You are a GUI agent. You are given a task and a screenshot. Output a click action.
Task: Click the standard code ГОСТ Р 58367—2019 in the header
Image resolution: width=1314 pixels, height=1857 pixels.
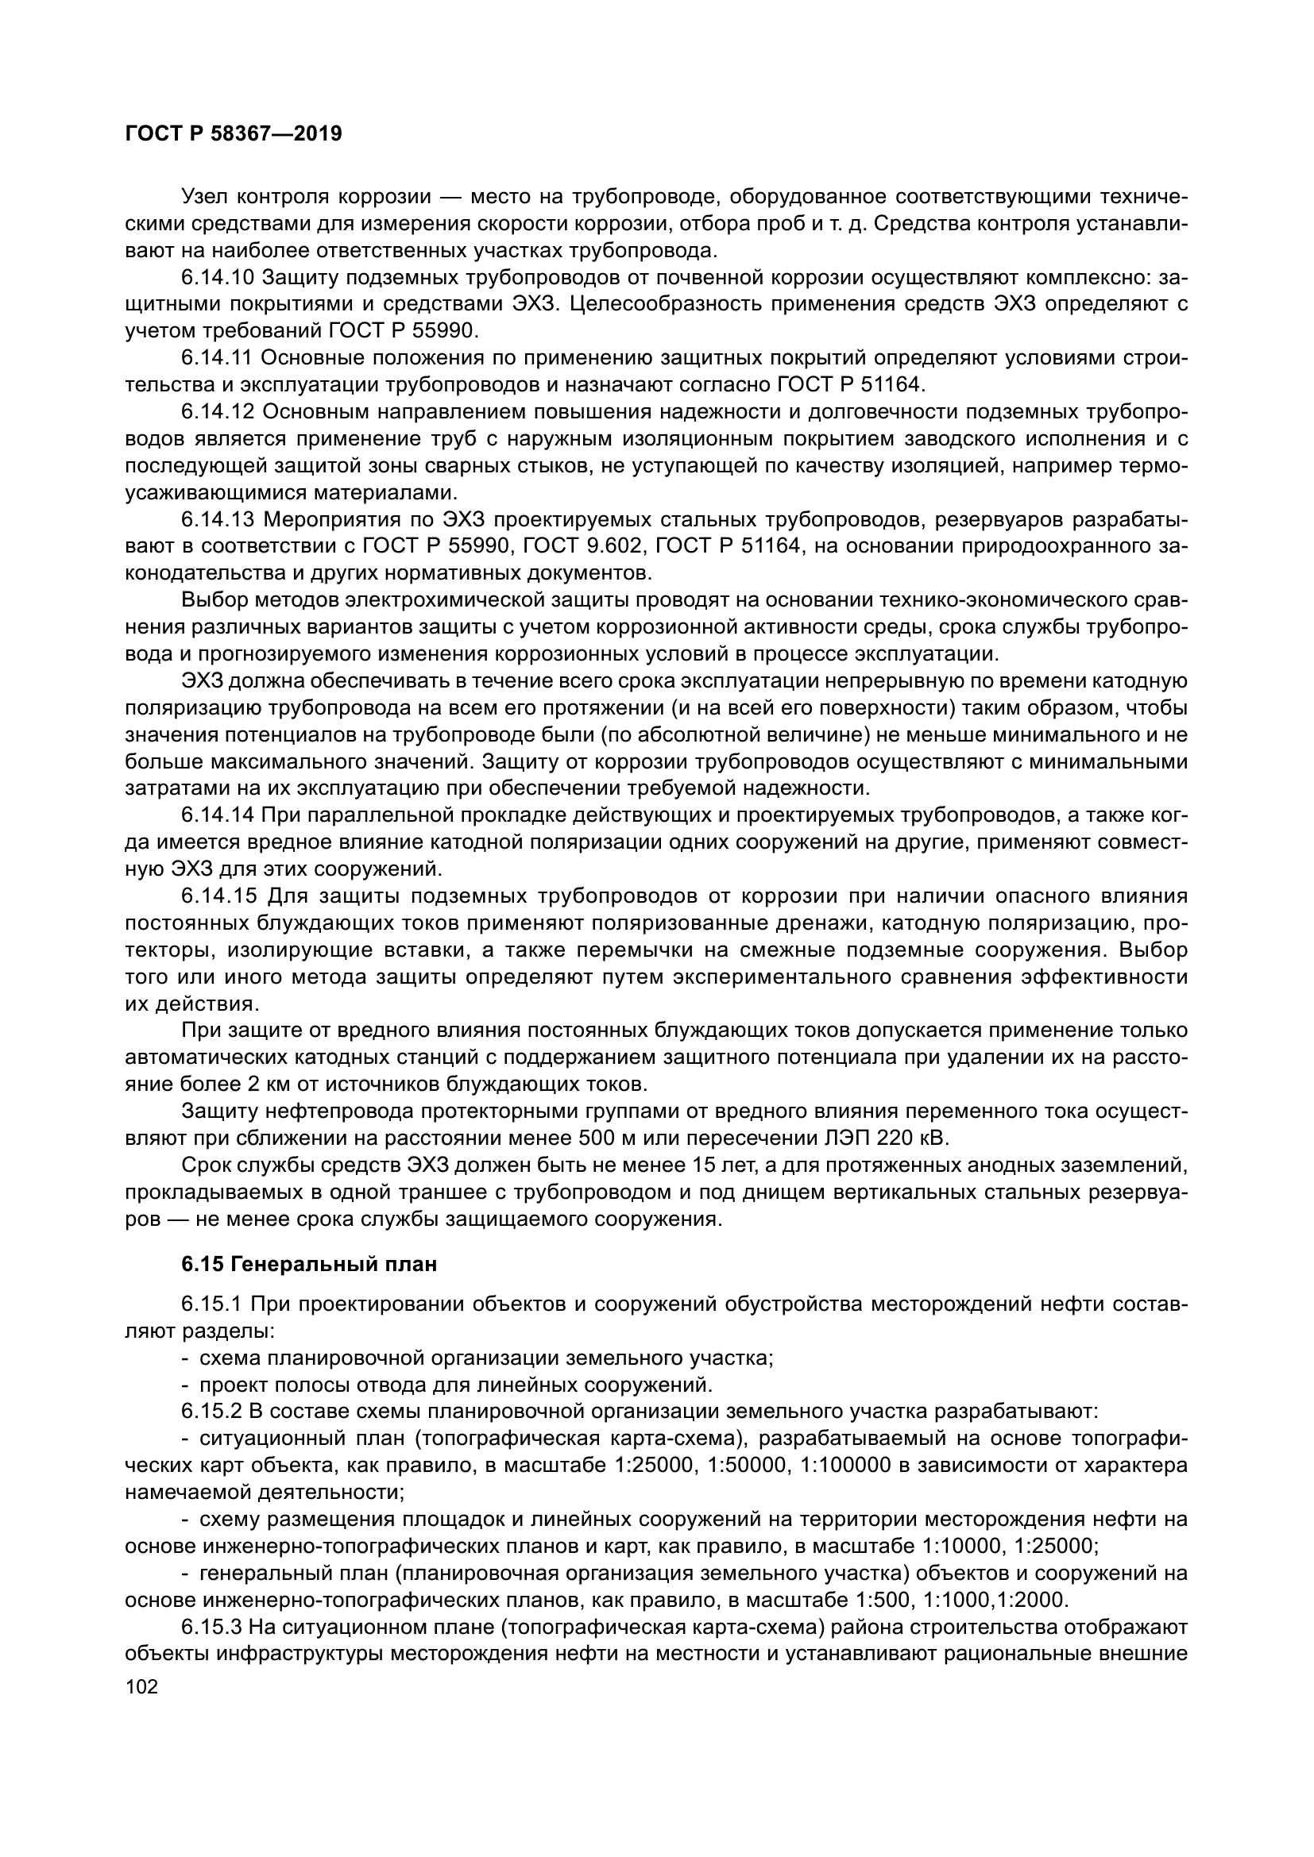[234, 133]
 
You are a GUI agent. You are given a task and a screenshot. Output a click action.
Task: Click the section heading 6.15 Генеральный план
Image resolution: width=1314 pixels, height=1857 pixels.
[309, 1264]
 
